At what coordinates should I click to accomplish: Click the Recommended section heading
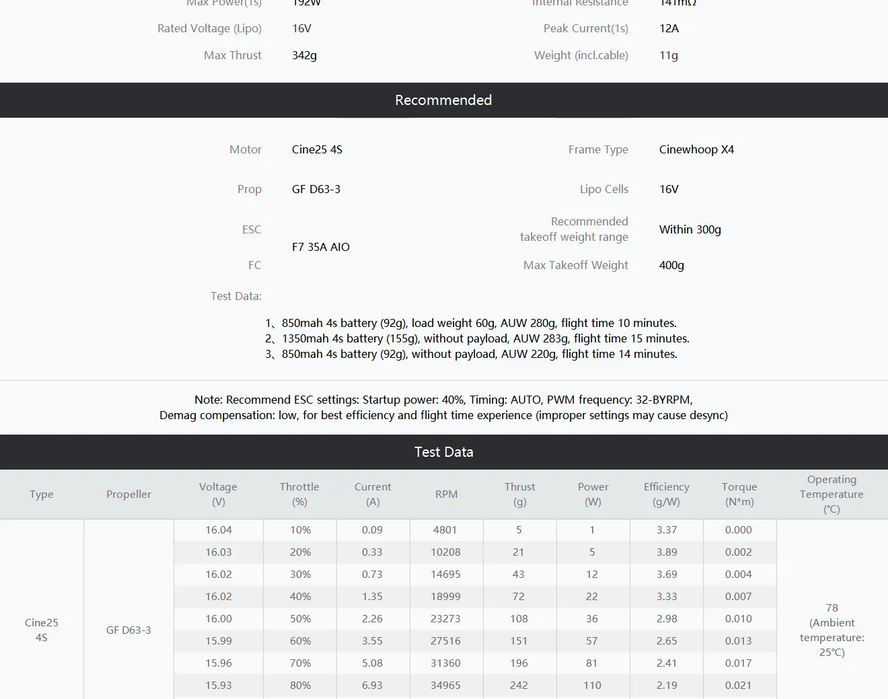pyautogui.click(x=443, y=100)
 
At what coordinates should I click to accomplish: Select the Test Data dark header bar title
pyautogui.click(x=443, y=452)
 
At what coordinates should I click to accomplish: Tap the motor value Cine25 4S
pyautogui.click(x=317, y=149)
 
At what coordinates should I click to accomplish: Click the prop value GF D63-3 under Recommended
pyautogui.click(x=316, y=189)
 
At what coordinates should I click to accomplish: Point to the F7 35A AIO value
pyautogui.click(x=321, y=247)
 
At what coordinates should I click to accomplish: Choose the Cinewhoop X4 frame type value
pyautogui.click(x=696, y=149)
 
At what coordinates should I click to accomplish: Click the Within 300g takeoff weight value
pyautogui.click(x=690, y=229)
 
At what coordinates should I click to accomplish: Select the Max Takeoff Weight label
pyautogui.click(x=575, y=265)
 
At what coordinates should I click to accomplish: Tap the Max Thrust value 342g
pyautogui.click(x=304, y=55)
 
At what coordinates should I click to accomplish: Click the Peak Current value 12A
pyautogui.click(x=669, y=28)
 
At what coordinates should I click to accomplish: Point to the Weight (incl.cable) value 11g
pyautogui.click(x=668, y=55)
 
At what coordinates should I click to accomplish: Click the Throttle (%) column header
pyautogui.click(x=299, y=494)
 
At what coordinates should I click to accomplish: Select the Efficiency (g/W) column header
pyautogui.click(x=666, y=494)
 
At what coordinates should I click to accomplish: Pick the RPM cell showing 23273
pyautogui.click(x=445, y=618)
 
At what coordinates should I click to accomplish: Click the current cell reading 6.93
pyautogui.click(x=372, y=685)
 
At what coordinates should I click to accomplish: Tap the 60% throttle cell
pyautogui.click(x=300, y=640)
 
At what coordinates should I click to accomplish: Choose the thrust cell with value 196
pyautogui.click(x=519, y=663)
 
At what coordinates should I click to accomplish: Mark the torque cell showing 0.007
pyautogui.click(x=738, y=596)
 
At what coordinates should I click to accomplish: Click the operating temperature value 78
pyautogui.click(x=831, y=608)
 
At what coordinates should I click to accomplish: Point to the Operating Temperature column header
pyautogui.click(x=831, y=494)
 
